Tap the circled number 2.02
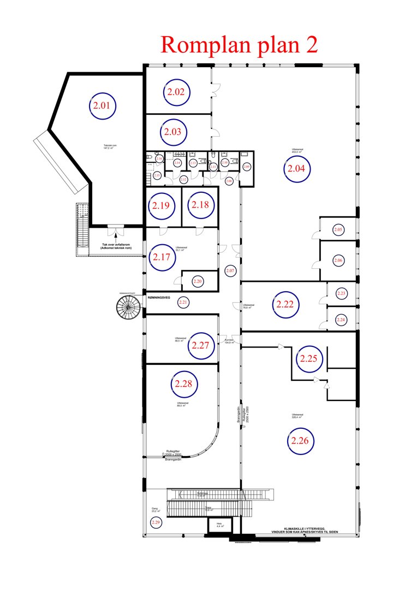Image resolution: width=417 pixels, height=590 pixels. (x=176, y=92)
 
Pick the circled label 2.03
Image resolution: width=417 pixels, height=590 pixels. (x=174, y=132)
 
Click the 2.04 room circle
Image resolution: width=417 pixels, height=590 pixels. (x=299, y=169)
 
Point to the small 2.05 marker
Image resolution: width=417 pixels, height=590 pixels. (x=338, y=229)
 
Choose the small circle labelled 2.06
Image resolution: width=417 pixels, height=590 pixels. (x=338, y=261)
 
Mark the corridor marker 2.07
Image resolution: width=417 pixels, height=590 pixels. (x=230, y=270)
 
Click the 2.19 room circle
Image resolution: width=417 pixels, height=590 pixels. (x=162, y=206)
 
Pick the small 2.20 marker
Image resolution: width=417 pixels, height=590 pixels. (x=198, y=281)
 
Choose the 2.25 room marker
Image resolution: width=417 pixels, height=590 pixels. (x=308, y=359)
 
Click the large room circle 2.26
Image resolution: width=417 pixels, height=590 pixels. (x=300, y=441)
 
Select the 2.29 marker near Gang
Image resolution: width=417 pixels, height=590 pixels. (x=156, y=523)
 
